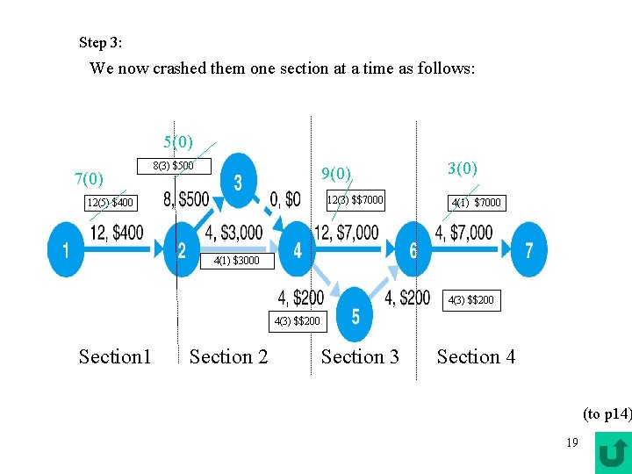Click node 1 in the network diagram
(x=66, y=251)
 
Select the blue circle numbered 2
(x=183, y=251)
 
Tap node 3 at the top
(x=239, y=182)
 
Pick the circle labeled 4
(x=298, y=251)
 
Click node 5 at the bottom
(x=355, y=315)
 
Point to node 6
(x=413, y=251)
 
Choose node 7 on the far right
(x=528, y=251)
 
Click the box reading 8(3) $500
(x=173, y=166)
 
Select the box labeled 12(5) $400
(x=111, y=204)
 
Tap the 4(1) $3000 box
(x=237, y=261)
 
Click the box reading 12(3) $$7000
(x=355, y=200)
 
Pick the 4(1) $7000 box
(x=476, y=203)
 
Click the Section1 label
(x=115, y=356)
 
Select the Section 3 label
(x=360, y=356)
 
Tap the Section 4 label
(x=476, y=356)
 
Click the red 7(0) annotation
(x=90, y=179)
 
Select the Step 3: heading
(x=101, y=42)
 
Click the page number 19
(x=571, y=442)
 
